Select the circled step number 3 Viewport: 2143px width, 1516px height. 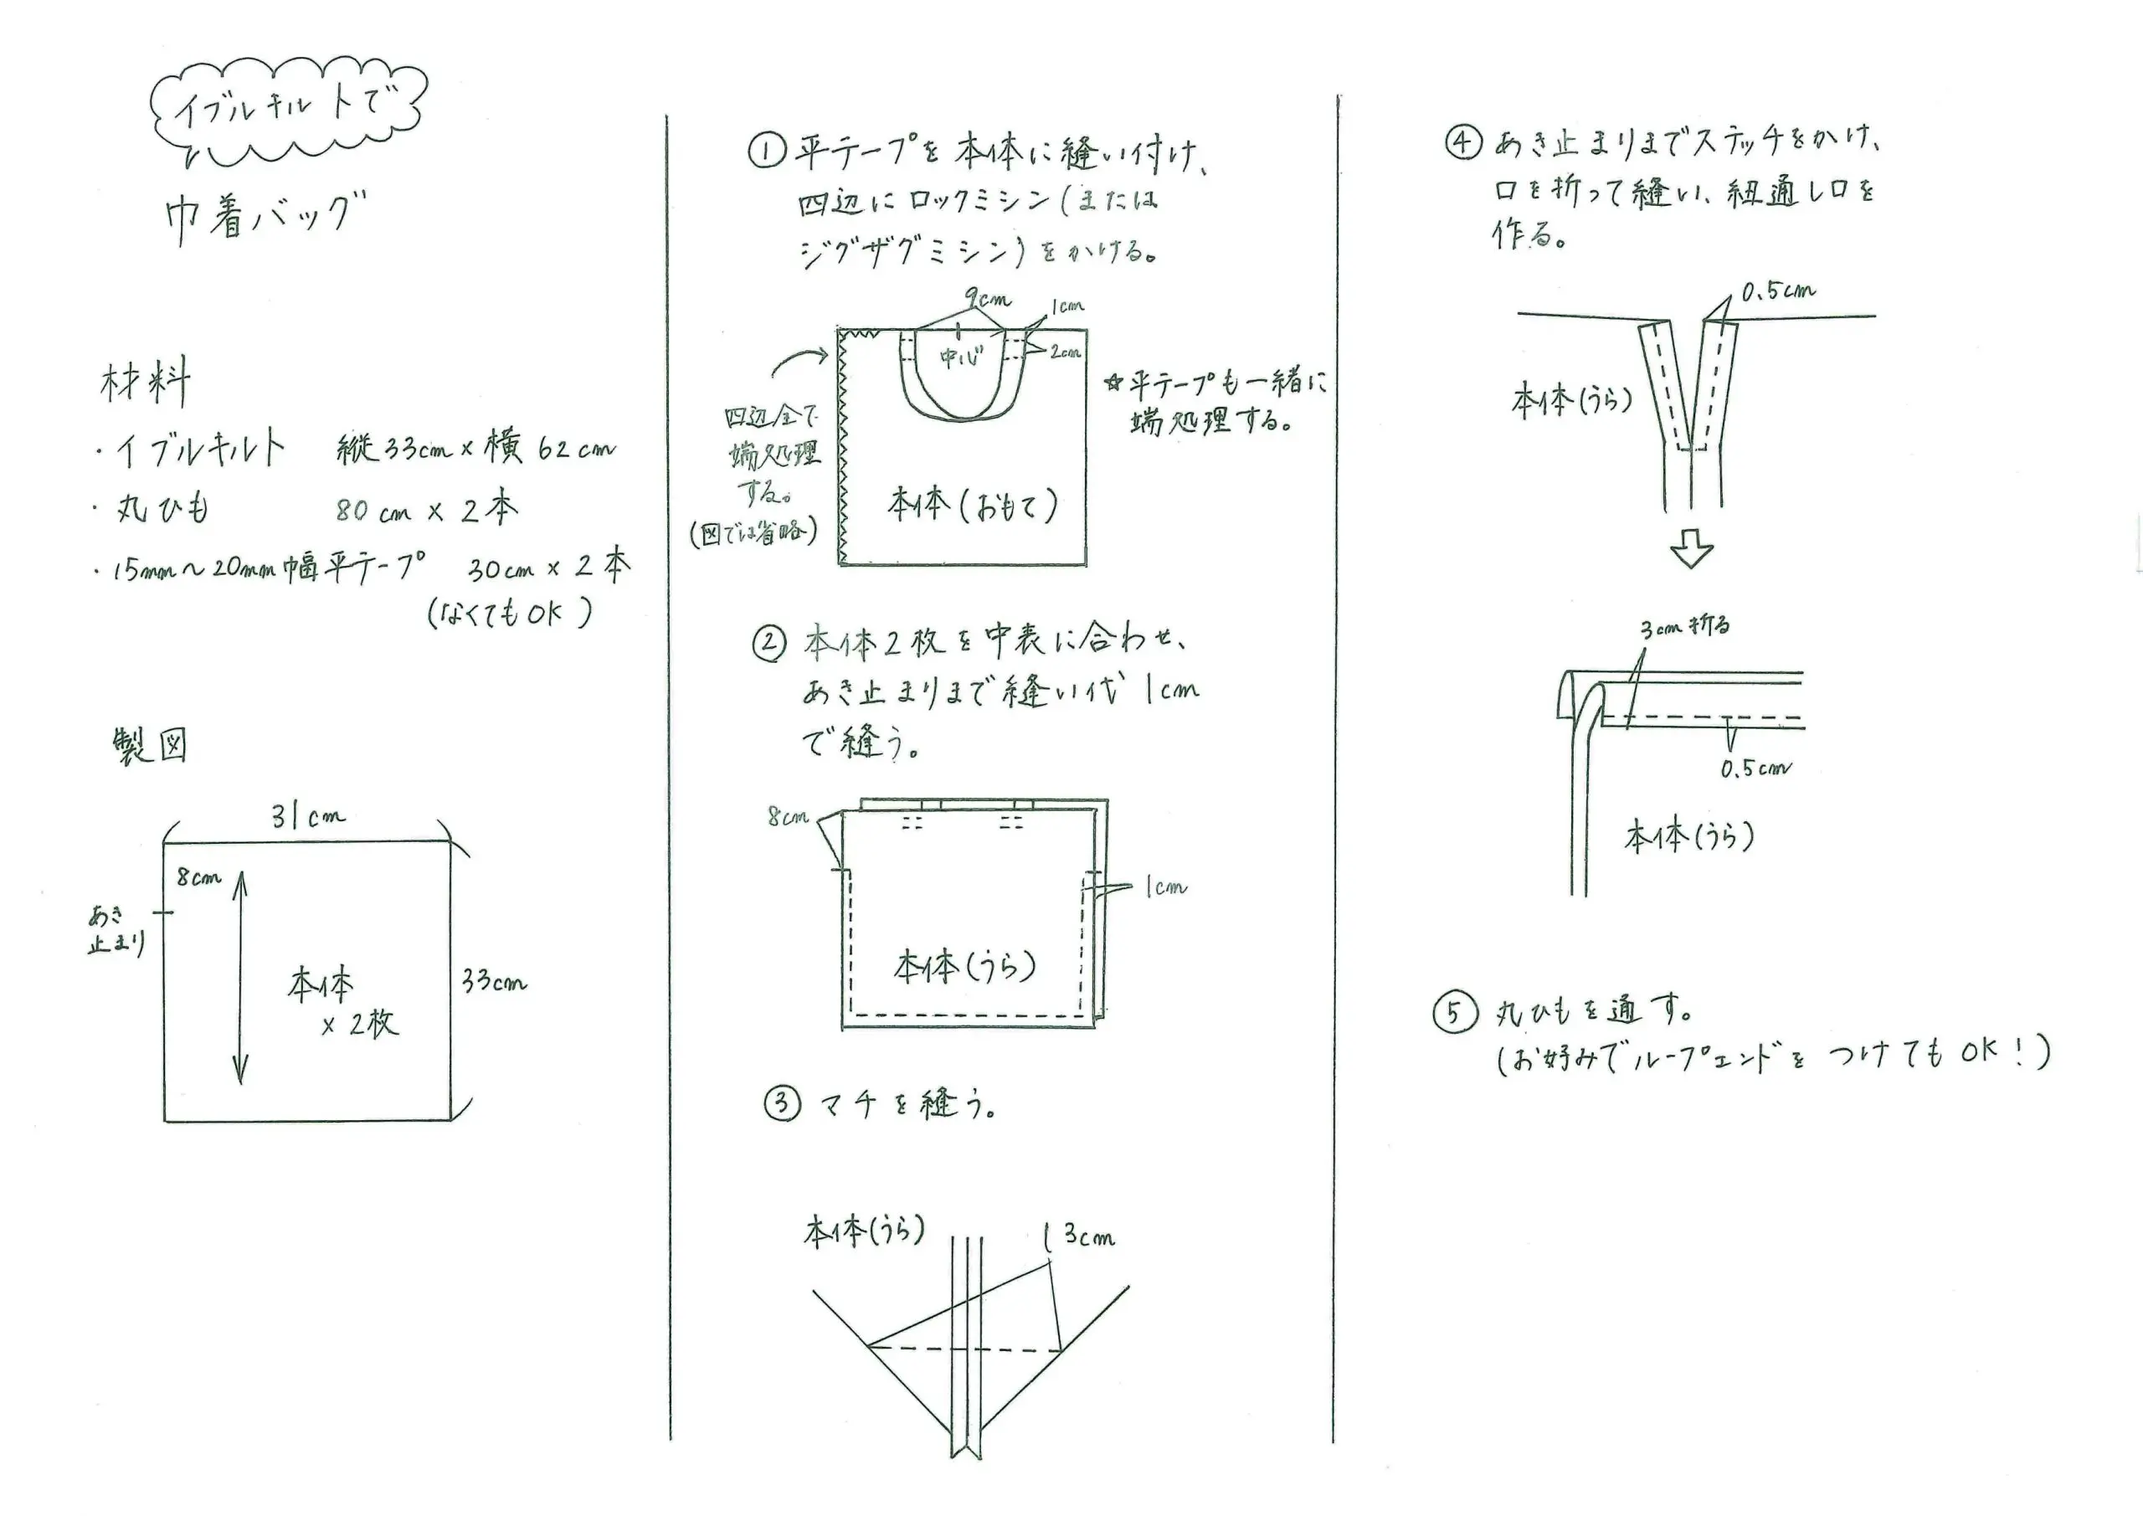[x=782, y=1104]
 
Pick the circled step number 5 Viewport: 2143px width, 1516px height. [x=1454, y=1013]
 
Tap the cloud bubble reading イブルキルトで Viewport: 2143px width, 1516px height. [x=287, y=110]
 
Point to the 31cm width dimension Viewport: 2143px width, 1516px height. [x=308, y=818]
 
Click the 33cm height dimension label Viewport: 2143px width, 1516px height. [x=494, y=981]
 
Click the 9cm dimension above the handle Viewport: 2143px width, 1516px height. [x=988, y=300]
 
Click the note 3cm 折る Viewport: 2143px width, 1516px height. [x=1686, y=625]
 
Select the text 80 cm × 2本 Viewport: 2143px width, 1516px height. [x=427, y=510]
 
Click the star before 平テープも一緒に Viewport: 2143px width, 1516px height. [x=1113, y=383]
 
